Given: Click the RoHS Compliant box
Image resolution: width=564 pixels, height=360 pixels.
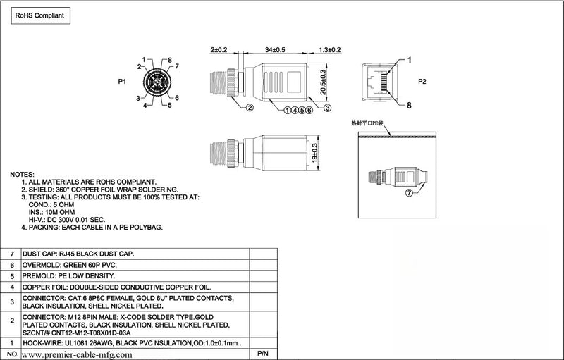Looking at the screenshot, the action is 41,15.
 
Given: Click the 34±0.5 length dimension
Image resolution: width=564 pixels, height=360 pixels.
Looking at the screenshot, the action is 275,49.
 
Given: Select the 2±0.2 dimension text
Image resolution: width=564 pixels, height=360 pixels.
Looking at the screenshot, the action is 219,49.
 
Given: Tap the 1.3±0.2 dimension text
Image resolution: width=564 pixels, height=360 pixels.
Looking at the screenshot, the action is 330,49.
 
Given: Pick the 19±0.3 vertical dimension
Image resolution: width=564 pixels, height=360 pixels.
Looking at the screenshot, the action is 314,153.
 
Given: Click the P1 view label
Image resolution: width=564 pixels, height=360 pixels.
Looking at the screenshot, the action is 122,82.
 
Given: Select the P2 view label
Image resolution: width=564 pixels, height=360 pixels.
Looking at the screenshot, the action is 422,82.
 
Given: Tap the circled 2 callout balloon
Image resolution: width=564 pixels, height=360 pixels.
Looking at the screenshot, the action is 250,107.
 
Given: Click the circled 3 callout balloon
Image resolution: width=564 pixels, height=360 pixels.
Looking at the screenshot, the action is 327,107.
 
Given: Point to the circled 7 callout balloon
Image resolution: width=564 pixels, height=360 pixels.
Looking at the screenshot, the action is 410,193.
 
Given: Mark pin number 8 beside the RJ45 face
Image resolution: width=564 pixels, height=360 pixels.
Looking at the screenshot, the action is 409,105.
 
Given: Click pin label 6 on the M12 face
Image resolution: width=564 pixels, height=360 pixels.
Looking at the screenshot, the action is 177,98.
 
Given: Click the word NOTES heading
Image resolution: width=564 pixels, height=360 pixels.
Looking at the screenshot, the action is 22,175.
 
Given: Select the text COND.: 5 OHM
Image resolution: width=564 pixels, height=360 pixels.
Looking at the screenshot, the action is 51,205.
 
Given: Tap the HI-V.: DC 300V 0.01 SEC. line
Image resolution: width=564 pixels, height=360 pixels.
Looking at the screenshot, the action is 67,220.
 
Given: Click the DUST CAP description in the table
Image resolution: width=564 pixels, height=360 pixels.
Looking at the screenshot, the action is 78,254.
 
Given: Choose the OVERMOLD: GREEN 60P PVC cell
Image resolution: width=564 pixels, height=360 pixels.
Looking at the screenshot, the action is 69,265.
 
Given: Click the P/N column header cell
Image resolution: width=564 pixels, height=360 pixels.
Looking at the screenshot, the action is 263,354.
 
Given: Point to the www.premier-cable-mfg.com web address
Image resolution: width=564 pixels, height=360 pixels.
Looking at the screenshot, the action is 77,355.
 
